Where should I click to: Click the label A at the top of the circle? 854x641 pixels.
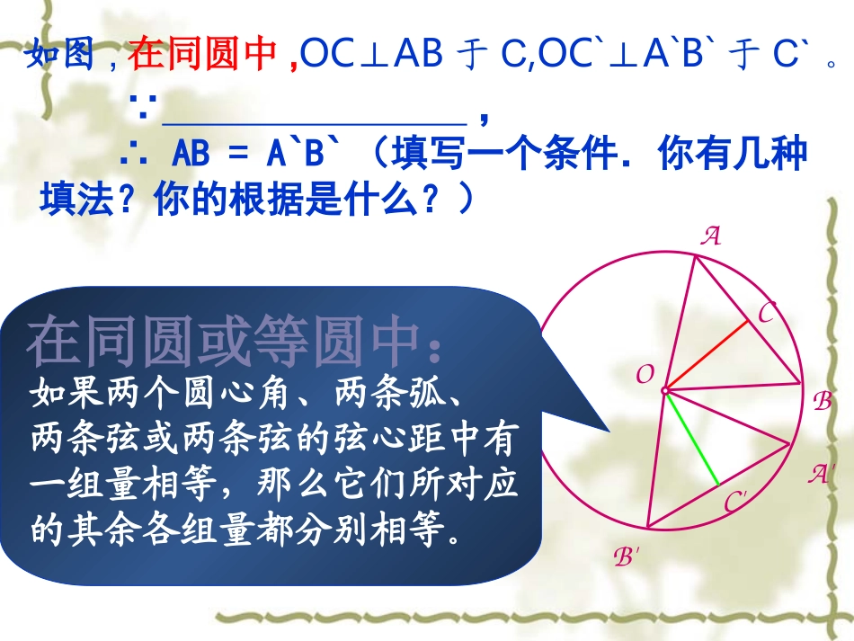tap(711, 236)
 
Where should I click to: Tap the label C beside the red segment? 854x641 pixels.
tap(767, 314)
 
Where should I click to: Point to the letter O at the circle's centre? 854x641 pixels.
tap(645, 375)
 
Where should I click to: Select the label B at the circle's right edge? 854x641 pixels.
tap(822, 402)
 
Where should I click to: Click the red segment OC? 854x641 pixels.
tap(707, 355)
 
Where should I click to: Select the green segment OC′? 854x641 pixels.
tap(692, 440)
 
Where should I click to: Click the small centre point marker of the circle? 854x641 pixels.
tap(665, 391)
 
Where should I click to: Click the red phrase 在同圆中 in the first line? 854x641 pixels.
tap(202, 56)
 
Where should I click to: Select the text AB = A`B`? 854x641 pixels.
tap(258, 156)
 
